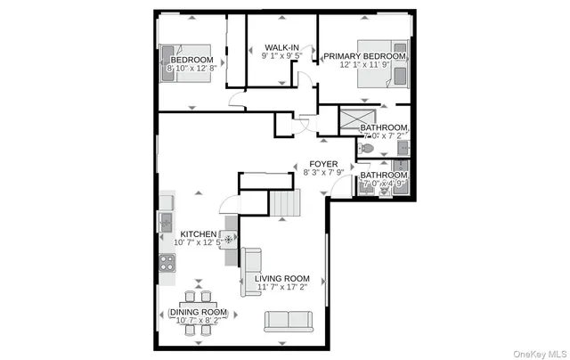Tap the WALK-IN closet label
[281, 47]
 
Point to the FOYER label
[322, 164]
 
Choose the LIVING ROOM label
[281, 278]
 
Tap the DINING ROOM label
[198, 312]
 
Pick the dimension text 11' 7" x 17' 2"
[281, 288]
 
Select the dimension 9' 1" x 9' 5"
[281, 56]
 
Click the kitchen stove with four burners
[167, 262]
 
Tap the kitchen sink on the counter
[166, 218]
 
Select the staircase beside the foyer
[285, 204]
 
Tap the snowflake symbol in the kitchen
[227, 239]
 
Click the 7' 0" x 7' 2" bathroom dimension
[384, 136]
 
